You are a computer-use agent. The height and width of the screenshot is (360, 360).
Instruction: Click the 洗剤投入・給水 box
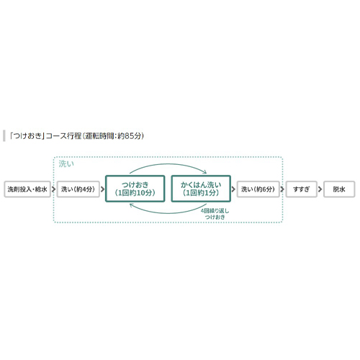click(x=27, y=189)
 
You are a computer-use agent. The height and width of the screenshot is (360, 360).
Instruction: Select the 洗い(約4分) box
click(x=78, y=189)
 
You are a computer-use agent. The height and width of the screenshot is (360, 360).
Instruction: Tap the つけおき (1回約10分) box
click(x=135, y=189)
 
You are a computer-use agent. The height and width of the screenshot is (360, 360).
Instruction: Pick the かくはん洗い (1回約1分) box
click(x=201, y=189)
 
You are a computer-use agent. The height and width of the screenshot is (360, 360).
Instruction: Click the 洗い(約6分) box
click(x=258, y=189)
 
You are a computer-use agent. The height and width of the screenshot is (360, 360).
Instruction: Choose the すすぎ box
click(x=302, y=189)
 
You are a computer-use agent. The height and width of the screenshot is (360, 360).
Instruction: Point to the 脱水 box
click(x=339, y=189)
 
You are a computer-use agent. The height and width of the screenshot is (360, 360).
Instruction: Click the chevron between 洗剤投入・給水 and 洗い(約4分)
click(x=54, y=189)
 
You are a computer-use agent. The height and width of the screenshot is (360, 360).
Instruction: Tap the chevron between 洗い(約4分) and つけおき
click(x=103, y=189)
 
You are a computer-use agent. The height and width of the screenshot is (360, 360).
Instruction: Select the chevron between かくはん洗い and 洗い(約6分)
click(x=233, y=189)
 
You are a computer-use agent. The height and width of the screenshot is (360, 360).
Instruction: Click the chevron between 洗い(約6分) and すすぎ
click(x=282, y=189)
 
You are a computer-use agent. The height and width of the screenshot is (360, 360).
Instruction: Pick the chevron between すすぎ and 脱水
click(x=320, y=189)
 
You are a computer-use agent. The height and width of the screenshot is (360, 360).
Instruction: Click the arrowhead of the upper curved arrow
click(x=204, y=171)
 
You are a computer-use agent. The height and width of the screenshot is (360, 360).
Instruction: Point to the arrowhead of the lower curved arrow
click(x=131, y=205)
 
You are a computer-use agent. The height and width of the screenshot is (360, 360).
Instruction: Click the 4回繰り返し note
click(x=215, y=211)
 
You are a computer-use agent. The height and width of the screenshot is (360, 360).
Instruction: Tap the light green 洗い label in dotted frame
click(x=66, y=164)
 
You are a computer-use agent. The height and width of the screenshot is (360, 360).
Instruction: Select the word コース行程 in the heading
click(x=64, y=136)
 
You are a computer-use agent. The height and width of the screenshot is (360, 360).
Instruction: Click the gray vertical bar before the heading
click(x=4, y=136)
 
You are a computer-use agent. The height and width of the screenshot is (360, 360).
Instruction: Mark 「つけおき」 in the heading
click(x=27, y=136)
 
